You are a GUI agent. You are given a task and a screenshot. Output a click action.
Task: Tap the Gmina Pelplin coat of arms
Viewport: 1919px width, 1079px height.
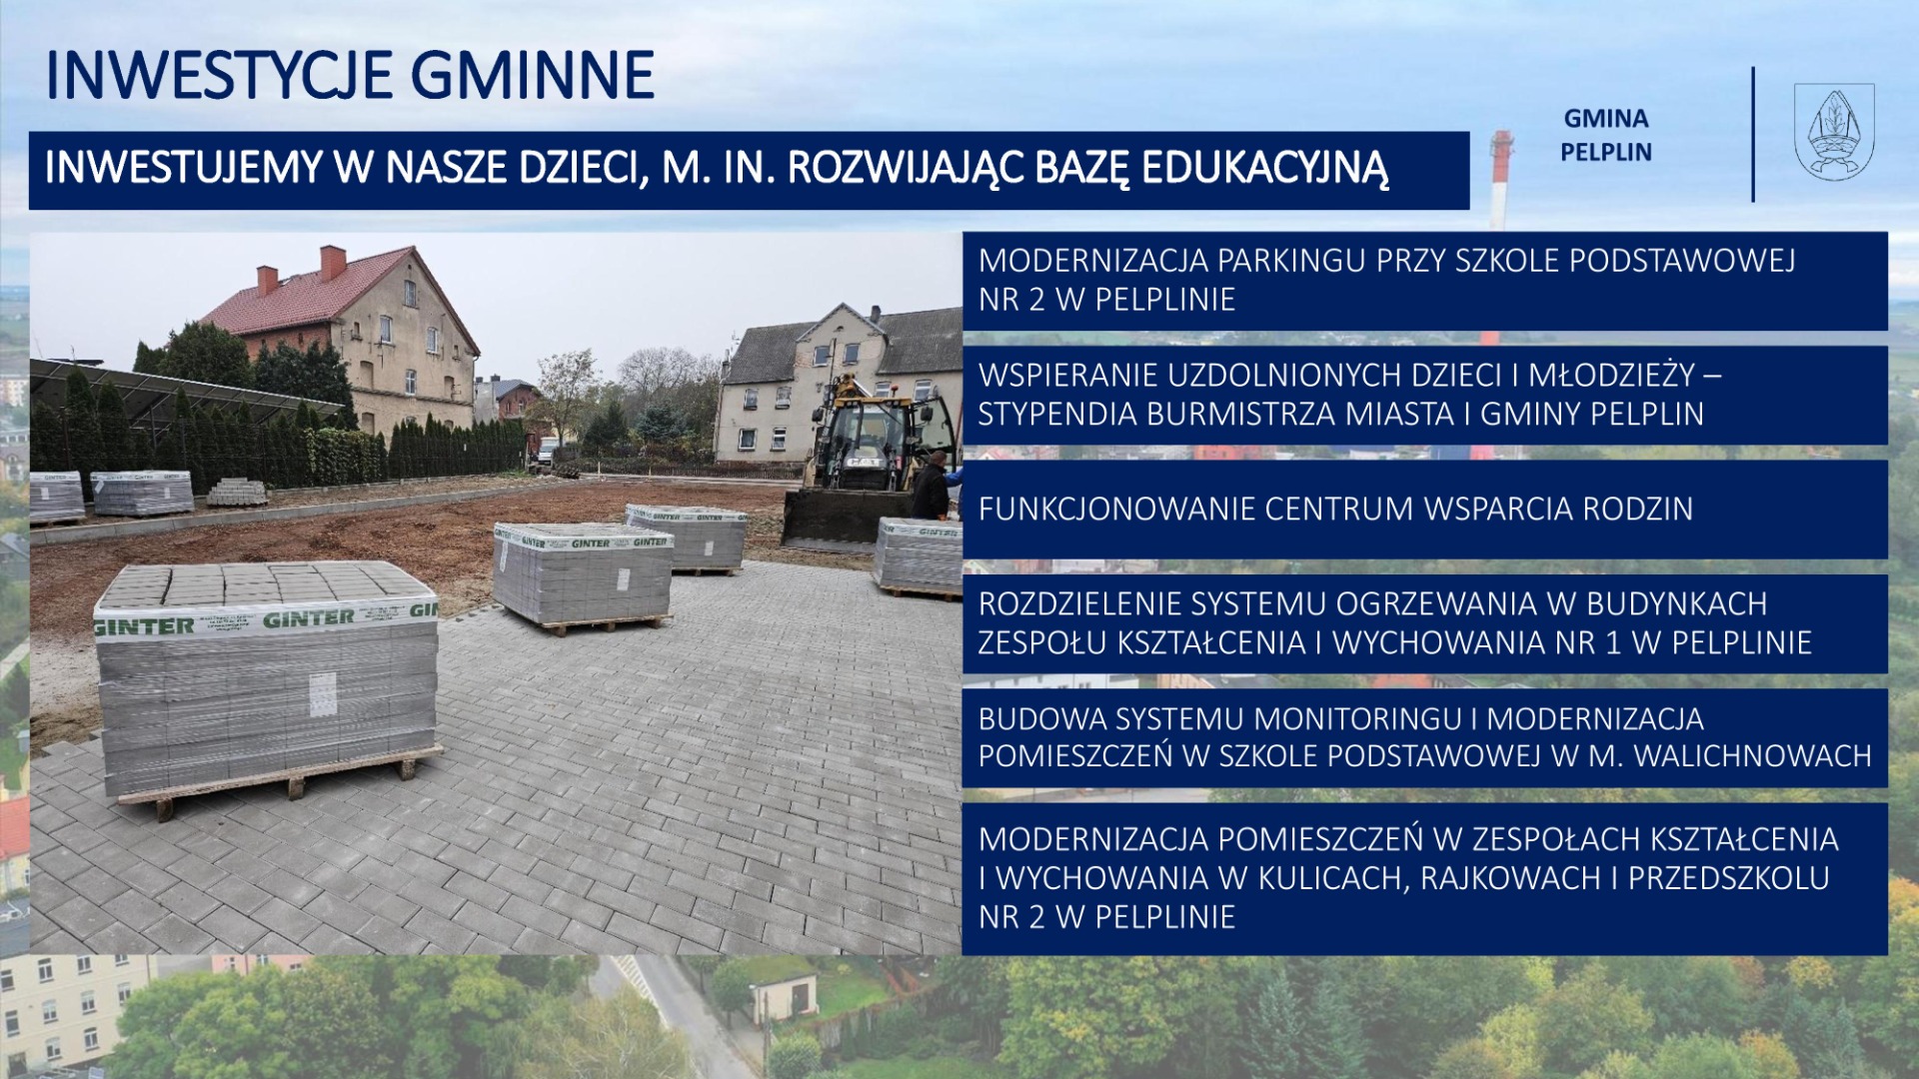pyautogui.click(x=1834, y=132)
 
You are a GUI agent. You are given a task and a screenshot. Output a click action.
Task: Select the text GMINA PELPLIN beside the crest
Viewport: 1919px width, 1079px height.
pyautogui.click(x=1606, y=135)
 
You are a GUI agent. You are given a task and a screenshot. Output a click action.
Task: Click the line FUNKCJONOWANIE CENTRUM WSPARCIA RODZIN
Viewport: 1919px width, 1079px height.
pyautogui.click(x=1335, y=509)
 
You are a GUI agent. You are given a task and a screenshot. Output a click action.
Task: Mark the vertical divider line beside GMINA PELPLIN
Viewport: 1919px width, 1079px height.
pyautogui.click(x=1753, y=135)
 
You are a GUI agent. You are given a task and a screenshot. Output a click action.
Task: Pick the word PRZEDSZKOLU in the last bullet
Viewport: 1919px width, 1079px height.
pyautogui.click(x=1729, y=878)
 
